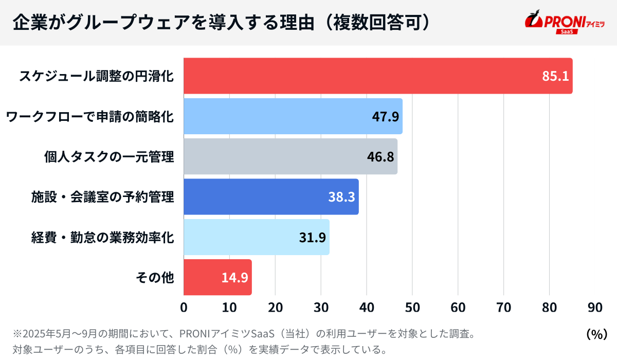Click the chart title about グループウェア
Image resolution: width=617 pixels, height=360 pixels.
221,23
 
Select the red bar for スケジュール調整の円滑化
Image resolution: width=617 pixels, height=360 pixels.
360,76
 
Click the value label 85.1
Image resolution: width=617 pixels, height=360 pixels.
555,76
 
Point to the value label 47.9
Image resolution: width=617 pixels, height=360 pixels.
385,116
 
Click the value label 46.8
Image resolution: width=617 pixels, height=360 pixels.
380,156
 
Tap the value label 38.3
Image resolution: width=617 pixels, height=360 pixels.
341,196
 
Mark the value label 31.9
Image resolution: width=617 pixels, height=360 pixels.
312,237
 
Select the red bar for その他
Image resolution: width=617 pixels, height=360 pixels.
201,277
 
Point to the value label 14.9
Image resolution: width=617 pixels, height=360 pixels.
235,277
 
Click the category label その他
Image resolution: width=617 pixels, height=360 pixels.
155,278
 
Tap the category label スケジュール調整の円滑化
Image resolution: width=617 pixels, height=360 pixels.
97,76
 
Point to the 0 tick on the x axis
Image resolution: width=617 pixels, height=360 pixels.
184,308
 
